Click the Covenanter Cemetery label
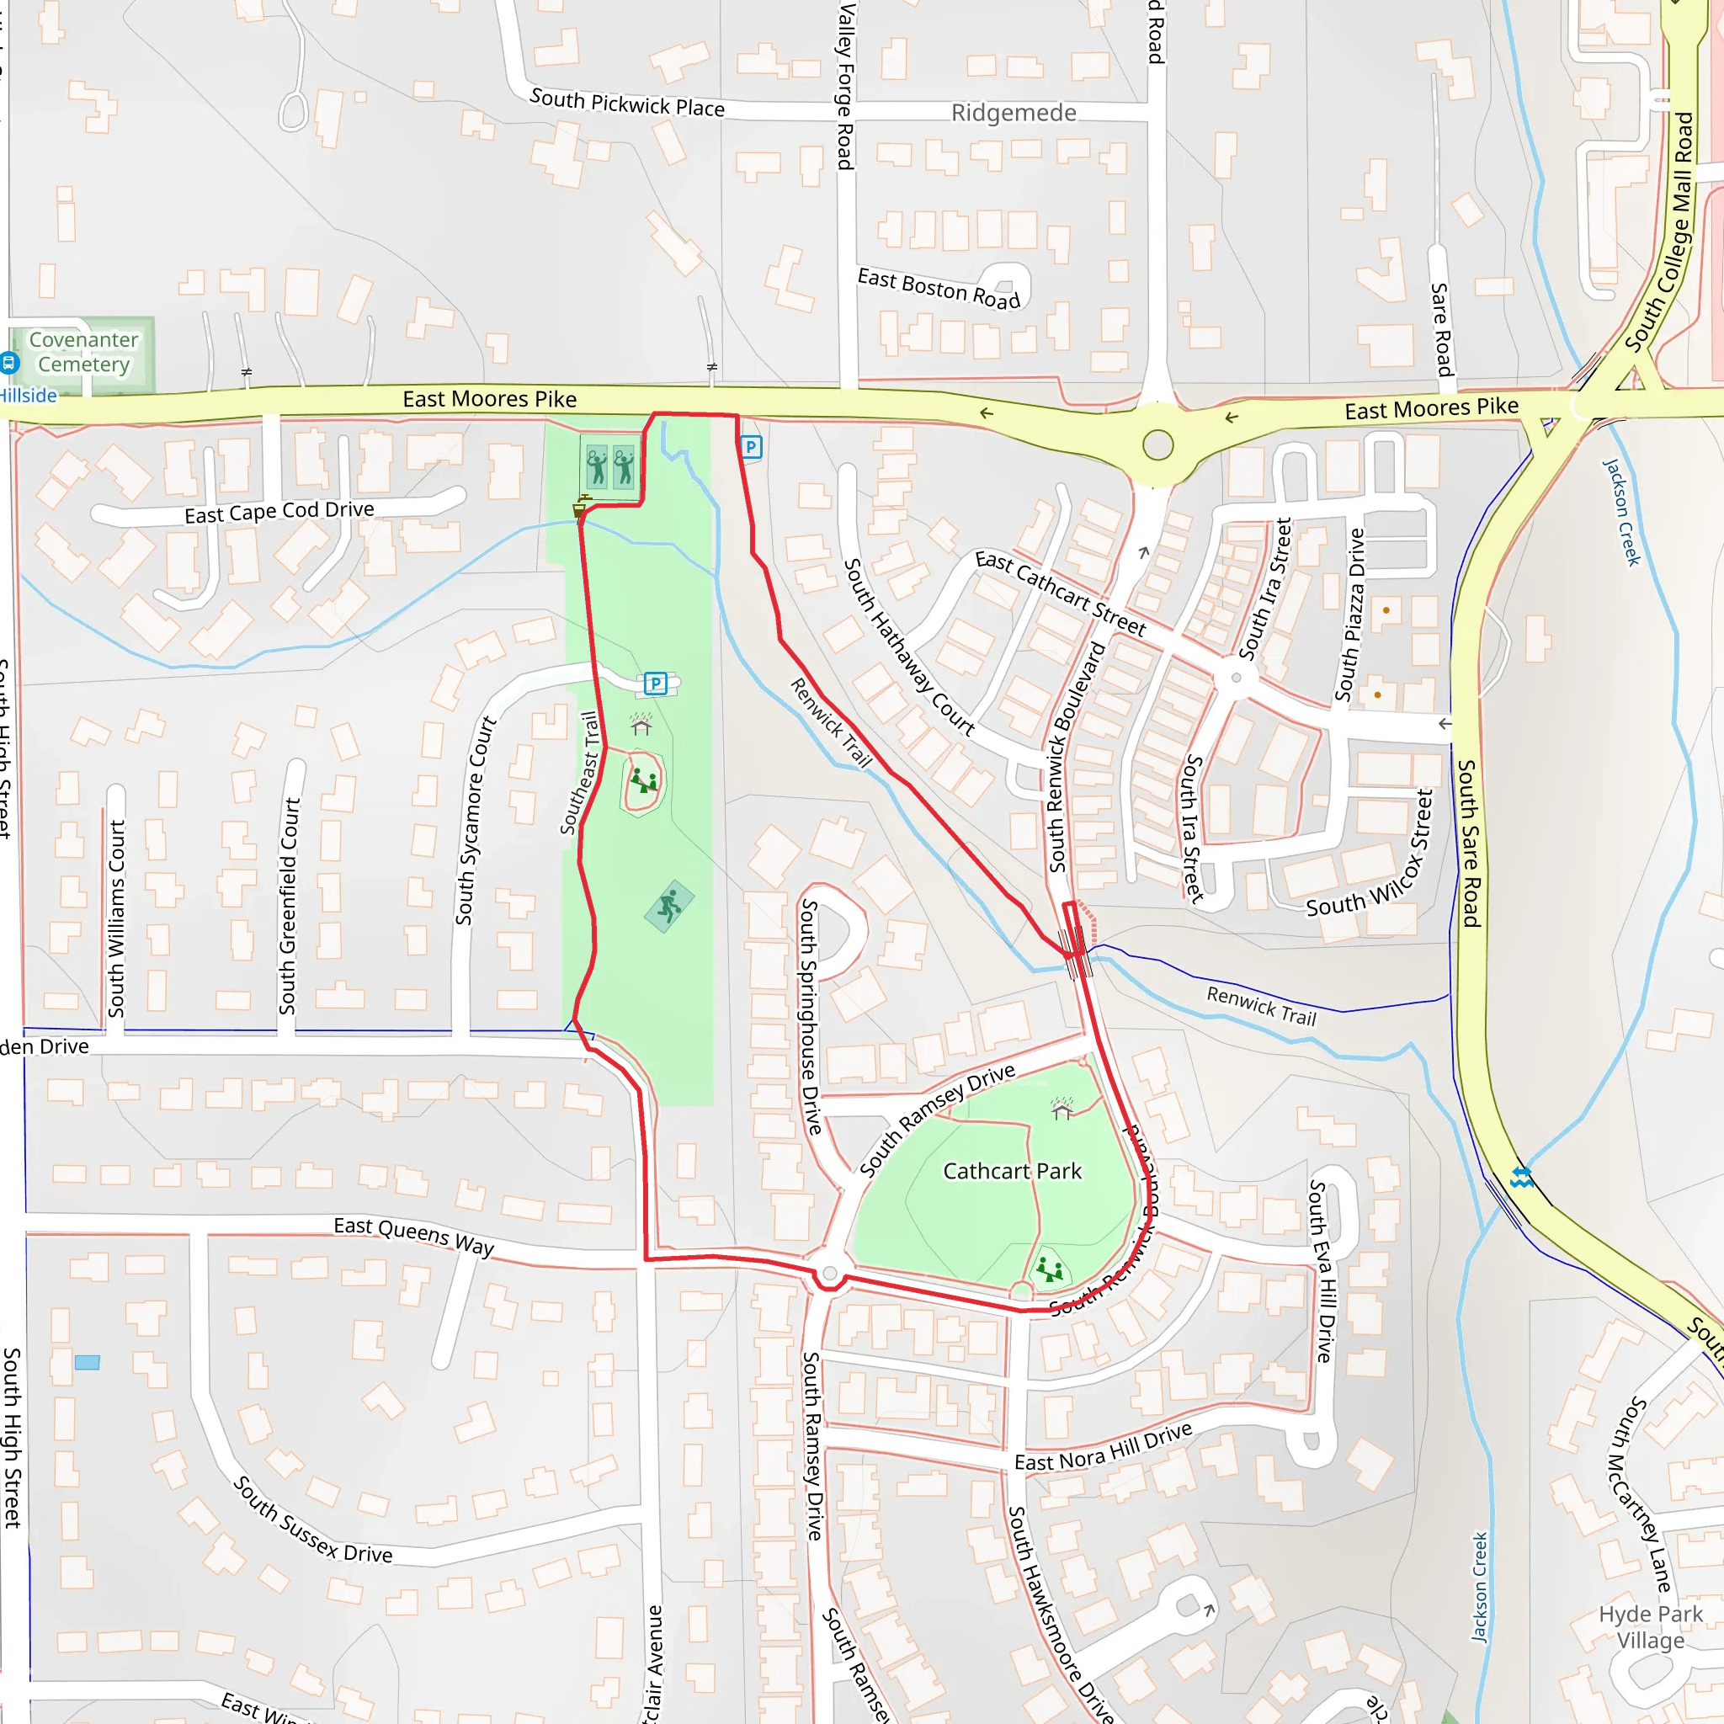point(83,353)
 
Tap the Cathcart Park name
point(1012,1171)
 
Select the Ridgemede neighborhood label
point(1014,114)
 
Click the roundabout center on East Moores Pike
point(1157,444)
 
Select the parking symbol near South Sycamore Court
point(656,684)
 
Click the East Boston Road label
point(939,289)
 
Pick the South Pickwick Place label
point(627,104)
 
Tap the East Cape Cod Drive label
point(279,511)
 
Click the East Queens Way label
point(414,1237)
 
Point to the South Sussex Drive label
point(312,1519)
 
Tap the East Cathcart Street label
point(1060,593)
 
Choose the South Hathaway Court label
point(909,647)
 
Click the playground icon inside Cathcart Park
point(1051,1269)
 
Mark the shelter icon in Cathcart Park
point(1062,1109)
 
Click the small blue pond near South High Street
point(88,1363)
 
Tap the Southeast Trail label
point(579,773)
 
